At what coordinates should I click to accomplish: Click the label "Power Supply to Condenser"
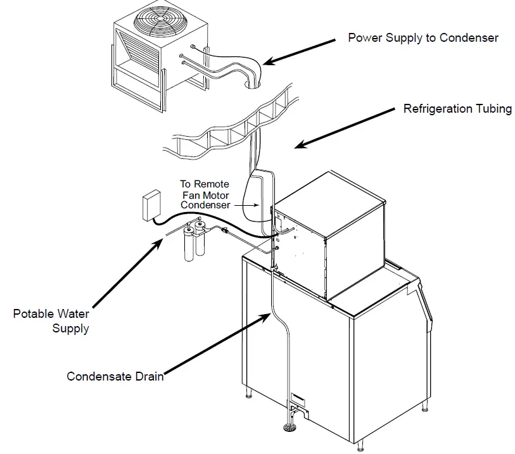423,38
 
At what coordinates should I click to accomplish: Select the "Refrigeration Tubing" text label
457,109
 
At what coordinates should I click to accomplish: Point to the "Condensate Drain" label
115,377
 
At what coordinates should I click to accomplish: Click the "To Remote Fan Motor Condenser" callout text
204,194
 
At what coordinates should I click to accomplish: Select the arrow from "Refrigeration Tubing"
345,127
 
